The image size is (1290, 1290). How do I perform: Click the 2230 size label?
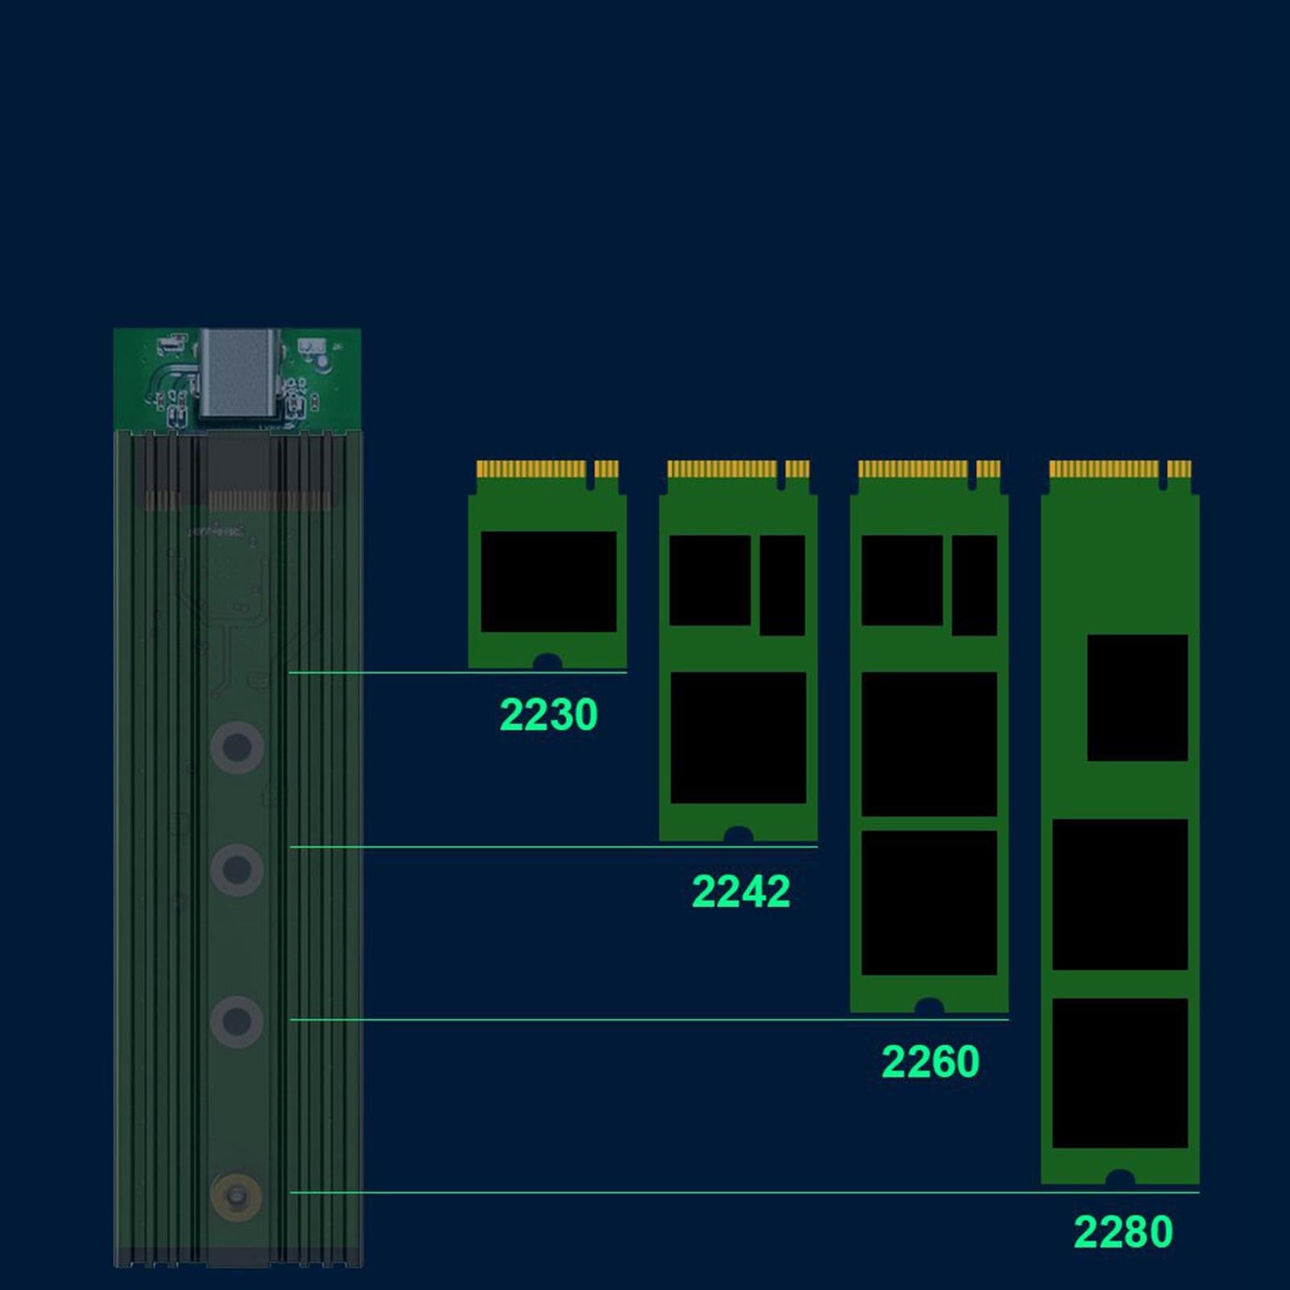[x=548, y=714]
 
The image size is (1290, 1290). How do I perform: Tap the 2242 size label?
[x=740, y=891]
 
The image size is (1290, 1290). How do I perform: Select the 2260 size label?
[x=930, y=1061]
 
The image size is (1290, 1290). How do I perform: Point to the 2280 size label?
[x=1122, y=1231]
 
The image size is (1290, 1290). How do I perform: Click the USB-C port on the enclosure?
[x=239, y=372]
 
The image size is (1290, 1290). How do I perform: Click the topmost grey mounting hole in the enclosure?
[x=236, y=747]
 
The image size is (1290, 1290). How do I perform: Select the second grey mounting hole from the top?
[x=236, y=869]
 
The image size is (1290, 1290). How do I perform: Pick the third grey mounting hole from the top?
[x=236, y=1022]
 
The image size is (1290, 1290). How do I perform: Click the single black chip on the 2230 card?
[x=548, y=581]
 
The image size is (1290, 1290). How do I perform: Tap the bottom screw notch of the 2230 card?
[x=547, y=662]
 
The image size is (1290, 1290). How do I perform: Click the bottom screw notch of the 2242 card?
[x=738, y=834]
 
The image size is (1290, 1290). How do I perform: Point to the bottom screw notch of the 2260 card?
[x=929, y=1006]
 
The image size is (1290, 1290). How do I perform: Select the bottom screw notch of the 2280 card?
[x=1120, y=1178]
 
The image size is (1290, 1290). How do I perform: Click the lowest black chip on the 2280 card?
[x=1120, y=1073]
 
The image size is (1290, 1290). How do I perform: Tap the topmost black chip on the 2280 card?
[x=1137, y=697]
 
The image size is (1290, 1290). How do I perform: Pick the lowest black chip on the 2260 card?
[x=929, y=903]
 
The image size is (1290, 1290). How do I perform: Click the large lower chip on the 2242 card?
[x=738, y=738]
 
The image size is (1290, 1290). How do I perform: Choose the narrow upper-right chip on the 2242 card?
[x=782, y=585]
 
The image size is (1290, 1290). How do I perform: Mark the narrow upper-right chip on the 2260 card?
[x=974, y=585]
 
